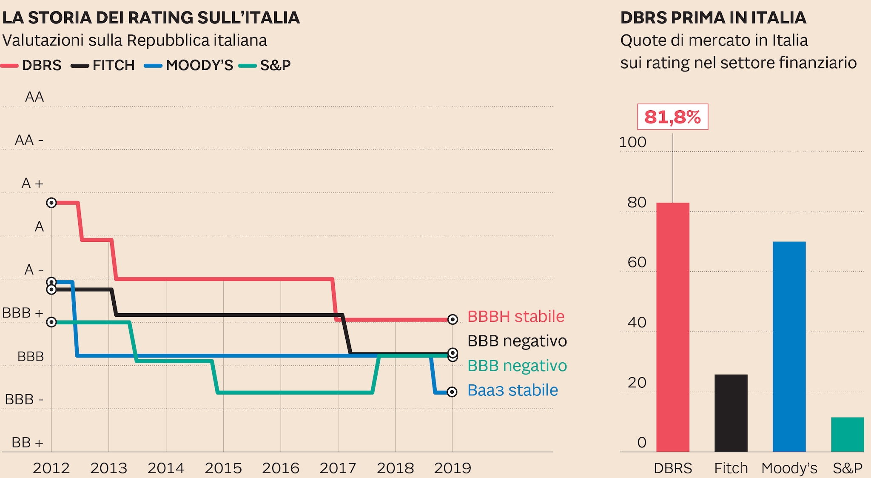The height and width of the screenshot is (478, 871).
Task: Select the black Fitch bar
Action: pyautogui.click(x=731, y=413)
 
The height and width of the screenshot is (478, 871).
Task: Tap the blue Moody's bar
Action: pyautogui.click(x=789, y=346)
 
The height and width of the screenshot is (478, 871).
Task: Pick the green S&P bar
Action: pyautogui.click(x=847, y=434)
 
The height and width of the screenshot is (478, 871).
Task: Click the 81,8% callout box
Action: pyautogui.click(x=672, y=117)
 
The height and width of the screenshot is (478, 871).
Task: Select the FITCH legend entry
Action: pyautogui.click(x=103, y=65)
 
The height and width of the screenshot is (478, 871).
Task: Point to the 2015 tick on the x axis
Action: pyautogui.click(x=223, y=468)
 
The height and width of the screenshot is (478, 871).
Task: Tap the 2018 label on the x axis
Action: pyautogui.click(x=395, y=468)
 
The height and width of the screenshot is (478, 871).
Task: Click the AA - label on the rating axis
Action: pyautogui.click(x=29, y=140)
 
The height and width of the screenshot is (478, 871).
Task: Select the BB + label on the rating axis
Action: pyautogui.click(x=27, y=443)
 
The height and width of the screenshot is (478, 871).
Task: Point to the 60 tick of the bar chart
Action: pyautogui.click(x=637, y=262)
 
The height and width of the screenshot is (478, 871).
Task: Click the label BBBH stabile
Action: pyautogui.click(x=516, y=317)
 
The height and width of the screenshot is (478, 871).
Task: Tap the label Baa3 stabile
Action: pyautogui.click(x=512, y=390)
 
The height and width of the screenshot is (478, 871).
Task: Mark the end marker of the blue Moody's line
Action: pyautogui.click(x=452, y=392)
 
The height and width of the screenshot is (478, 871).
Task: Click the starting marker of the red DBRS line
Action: pyautogui.click(x=51, y=203)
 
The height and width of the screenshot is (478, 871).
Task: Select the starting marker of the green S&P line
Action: pyautogui.click(x=51, y=322)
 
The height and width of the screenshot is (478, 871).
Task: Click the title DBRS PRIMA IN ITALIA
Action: pyautogui.click(x=713, y=18)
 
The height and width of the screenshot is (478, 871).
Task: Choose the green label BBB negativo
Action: pyautogui.click(x=517, y=366)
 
